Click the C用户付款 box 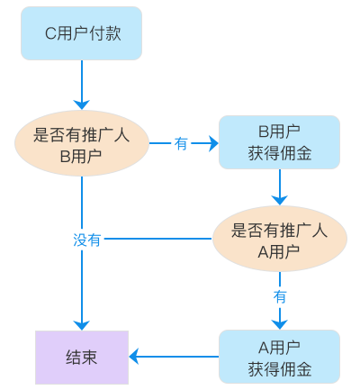coord(81,33)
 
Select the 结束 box coord(82,358)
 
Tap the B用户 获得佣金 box coord(279,142)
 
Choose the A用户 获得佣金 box coord(279,357)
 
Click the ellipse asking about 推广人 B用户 coord(82,143)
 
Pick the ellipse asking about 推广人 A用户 coord(280,239)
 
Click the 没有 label coord(86,240)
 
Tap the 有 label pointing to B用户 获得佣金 coord(181,143)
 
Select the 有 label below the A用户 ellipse coord(280,297)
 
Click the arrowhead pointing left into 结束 coord(134,357)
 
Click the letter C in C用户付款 coord(50,33)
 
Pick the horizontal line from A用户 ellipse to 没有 coord(158,239)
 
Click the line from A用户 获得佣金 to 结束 coord(178,357)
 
